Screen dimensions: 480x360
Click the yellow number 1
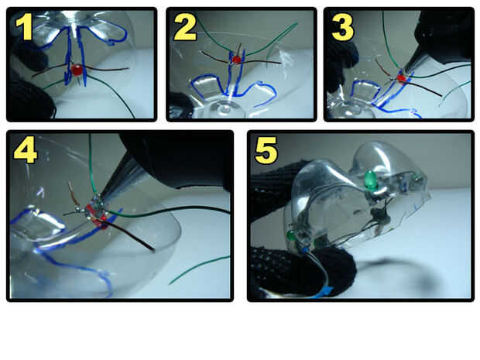(x=25, y=28)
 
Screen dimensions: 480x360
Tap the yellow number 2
(x=185, y=28)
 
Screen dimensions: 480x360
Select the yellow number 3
(x=342, y=28)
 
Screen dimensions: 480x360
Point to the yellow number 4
(x=26, y=151)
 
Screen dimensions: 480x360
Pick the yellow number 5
(x=266, y=151)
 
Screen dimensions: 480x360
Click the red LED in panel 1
(x=77, y=70)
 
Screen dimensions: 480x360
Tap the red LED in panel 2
(x=236, y=60)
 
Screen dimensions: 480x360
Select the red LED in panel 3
(x=401, y=78)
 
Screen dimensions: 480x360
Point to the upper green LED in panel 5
(x=372, y=180)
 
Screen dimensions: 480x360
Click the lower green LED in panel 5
(x=291, y=235)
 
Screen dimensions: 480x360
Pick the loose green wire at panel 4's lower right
(x=199, y=269)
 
